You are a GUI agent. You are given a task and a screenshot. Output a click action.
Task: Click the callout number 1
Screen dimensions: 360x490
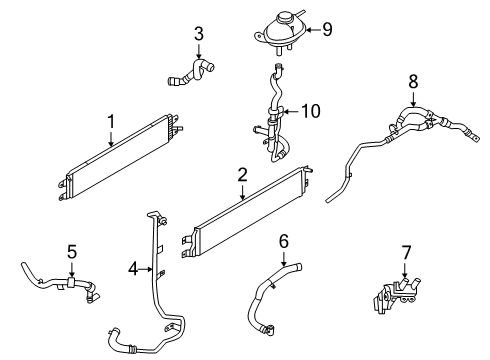[112, 123]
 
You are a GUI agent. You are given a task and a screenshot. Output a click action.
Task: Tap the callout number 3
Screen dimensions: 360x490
[199, 35]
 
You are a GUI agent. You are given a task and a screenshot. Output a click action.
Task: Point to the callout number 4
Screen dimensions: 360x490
[133, 268]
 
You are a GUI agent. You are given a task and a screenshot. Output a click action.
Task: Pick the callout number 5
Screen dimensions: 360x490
[71, 251]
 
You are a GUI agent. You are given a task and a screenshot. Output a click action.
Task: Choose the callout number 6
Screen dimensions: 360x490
[283, 241]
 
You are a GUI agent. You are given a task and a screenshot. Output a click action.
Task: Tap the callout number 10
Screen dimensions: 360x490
[310, 111]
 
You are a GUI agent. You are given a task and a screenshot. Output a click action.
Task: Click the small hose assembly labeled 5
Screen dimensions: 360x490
[60, 281]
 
